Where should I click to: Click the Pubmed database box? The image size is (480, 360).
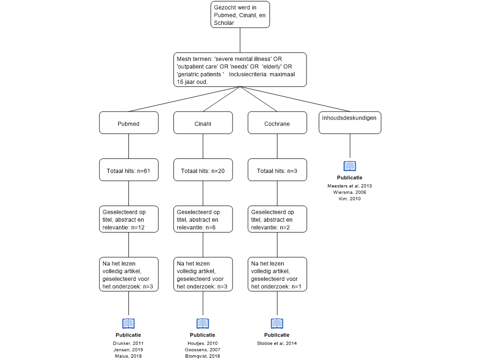[x=128, y=122]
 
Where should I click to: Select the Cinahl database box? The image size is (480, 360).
[x=203, y=122]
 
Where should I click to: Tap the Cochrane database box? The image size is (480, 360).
[x=277, y=122]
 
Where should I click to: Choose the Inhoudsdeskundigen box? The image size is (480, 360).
[x=350, y=122]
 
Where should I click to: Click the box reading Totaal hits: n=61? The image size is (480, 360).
[x=128, y=170]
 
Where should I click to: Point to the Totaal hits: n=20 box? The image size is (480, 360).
[x=203, y=170]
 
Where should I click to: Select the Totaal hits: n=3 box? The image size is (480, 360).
[x=277, y=170]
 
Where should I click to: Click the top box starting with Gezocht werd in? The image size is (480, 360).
[x=240, y=15]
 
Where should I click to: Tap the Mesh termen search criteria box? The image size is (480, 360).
[x=240, y=69]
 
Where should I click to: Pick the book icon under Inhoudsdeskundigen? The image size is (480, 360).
[x=350, y=166]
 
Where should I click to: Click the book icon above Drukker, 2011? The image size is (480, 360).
[x=128, y=323]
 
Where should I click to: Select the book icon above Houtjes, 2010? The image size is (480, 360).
[x=203, y=323]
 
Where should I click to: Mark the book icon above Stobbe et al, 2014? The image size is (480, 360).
[x=277, y=323]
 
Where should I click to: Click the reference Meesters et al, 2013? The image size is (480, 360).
[x=350, y=186]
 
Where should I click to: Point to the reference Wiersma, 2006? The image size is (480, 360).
[x=350, y=192]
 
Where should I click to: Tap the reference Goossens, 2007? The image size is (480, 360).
[x=202, y=350]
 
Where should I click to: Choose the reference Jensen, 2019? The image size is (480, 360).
[x=128, y=350]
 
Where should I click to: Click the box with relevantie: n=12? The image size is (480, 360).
[x=128, y=219]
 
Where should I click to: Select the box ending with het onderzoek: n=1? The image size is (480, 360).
[x=277, y=274]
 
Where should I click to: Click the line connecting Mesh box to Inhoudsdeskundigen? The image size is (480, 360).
[x=295, y=99]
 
